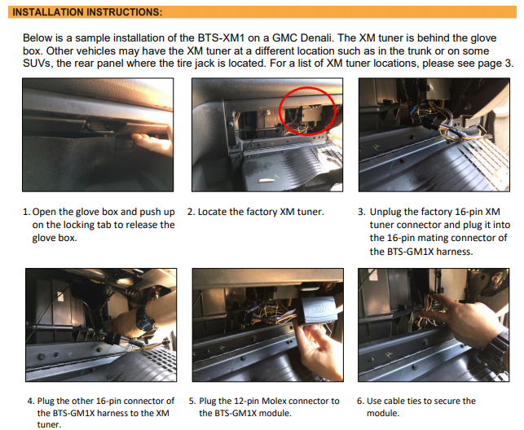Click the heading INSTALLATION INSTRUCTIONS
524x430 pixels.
tap(87, 12)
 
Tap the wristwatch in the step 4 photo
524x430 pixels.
tap(146, 319)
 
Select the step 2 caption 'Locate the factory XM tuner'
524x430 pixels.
tap(261, 212)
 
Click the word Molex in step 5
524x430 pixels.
tap(275, 401)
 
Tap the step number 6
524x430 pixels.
tap(360, 401)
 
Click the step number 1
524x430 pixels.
tap(26, 212)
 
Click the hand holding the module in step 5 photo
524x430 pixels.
tap(320, 350)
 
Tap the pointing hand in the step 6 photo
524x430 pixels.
tap(468, 321)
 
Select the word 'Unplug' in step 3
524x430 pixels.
tap(385, 212)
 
